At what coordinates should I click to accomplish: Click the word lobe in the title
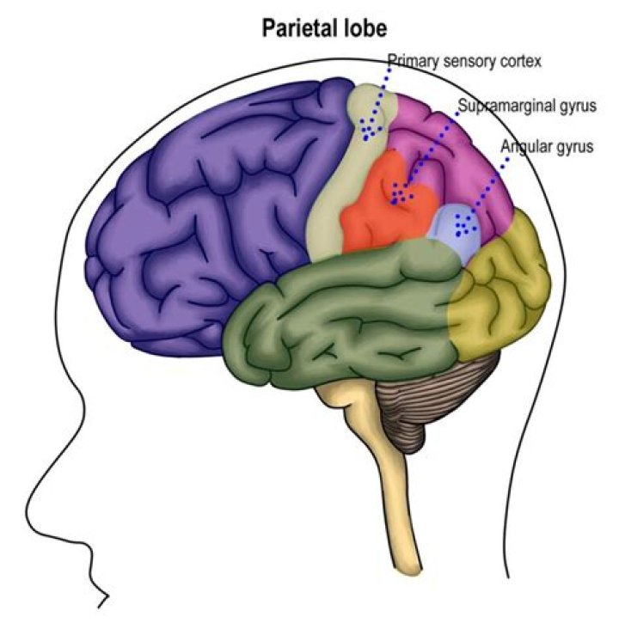tap(364, 28)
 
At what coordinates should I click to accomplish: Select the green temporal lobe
tap(344, 318)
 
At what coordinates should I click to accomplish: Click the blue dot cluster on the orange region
tap(401, 195)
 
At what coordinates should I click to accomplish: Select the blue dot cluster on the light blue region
tap(465, 225)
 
